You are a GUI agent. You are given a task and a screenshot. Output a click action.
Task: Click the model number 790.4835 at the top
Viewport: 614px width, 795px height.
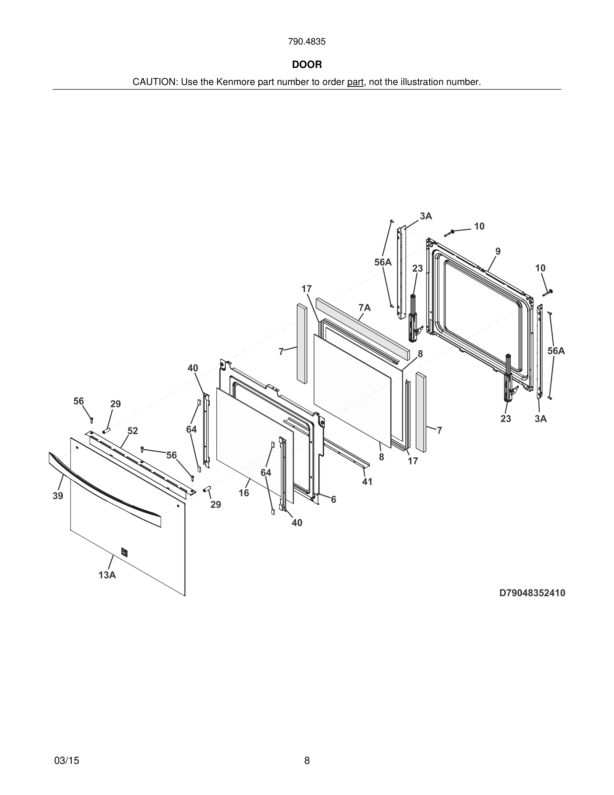click(307, 42)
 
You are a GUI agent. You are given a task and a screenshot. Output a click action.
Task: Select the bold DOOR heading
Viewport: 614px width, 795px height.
click(307, 65)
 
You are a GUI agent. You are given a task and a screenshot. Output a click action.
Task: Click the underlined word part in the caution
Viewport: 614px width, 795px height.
click(355, 82)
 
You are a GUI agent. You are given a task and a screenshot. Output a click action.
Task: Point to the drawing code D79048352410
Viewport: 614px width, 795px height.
click(532, 593)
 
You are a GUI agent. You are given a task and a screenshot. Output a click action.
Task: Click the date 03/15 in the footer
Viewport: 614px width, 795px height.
click(67, 761)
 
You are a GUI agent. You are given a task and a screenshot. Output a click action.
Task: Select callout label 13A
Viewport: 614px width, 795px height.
click(107, 575)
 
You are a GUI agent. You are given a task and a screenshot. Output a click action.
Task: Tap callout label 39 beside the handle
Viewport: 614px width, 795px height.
click(58, 496)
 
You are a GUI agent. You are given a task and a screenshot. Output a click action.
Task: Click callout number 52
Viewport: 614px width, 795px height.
click(133, 431)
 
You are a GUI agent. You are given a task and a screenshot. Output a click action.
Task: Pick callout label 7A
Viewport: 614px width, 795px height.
click(365, 308)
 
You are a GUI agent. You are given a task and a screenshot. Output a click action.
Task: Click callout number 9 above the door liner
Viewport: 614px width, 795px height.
click(498, 252)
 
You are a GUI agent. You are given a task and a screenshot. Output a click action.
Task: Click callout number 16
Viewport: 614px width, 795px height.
click(244, 493)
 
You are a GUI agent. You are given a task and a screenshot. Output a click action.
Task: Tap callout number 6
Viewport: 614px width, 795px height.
click(333, 500)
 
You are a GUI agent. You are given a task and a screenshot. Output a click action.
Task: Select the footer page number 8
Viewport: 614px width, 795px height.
click(307, 761)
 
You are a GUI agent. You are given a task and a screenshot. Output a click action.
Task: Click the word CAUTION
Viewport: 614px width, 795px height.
click(155, 82)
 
